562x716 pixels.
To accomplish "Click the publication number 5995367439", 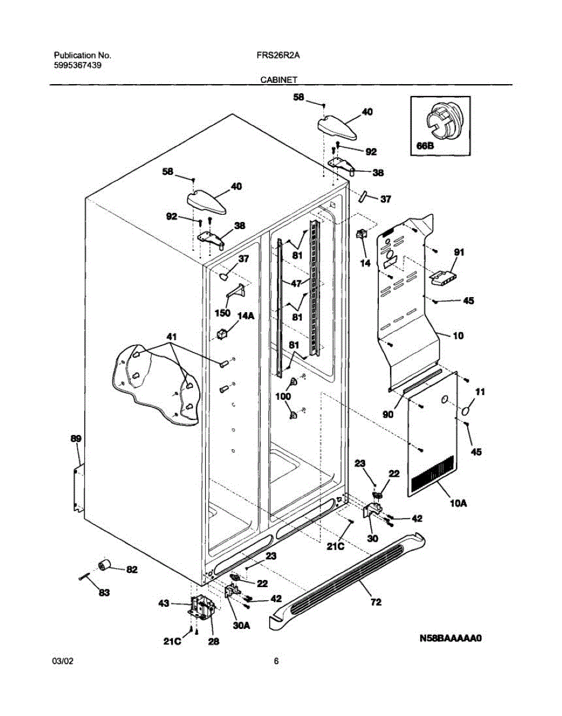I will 77,66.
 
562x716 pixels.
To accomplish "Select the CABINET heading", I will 279,79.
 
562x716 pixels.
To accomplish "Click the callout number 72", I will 376,603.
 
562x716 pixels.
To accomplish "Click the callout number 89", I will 76,439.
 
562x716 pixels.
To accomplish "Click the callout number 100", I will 283,396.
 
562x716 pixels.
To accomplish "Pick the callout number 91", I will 458,252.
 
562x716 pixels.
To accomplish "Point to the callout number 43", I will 164,604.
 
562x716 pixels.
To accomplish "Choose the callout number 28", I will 214,642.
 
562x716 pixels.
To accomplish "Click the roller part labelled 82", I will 106,564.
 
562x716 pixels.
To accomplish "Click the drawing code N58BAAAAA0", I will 450,638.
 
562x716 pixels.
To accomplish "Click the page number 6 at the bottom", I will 276,661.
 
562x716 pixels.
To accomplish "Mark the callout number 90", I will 388,413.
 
